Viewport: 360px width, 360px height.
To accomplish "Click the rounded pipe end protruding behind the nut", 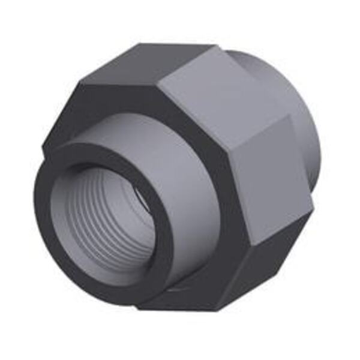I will pyautogui.click(x=300, y=120).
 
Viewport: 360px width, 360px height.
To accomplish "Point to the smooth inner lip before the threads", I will pyautogui.click(x=60, y=204).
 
